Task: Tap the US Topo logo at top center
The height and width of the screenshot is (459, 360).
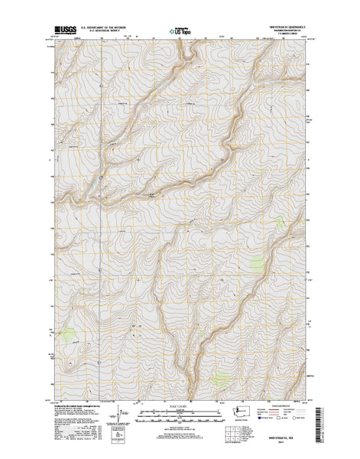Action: click(x=180, y=33)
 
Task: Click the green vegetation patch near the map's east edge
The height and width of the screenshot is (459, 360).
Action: click(x=255, y=265)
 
